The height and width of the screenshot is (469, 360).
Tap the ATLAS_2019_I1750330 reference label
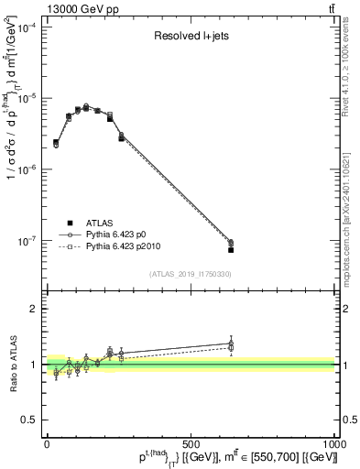190,273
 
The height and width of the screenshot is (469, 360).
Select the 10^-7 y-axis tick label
27,241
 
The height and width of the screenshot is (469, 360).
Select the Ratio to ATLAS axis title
11,364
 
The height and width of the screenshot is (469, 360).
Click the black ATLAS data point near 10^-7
231,249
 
